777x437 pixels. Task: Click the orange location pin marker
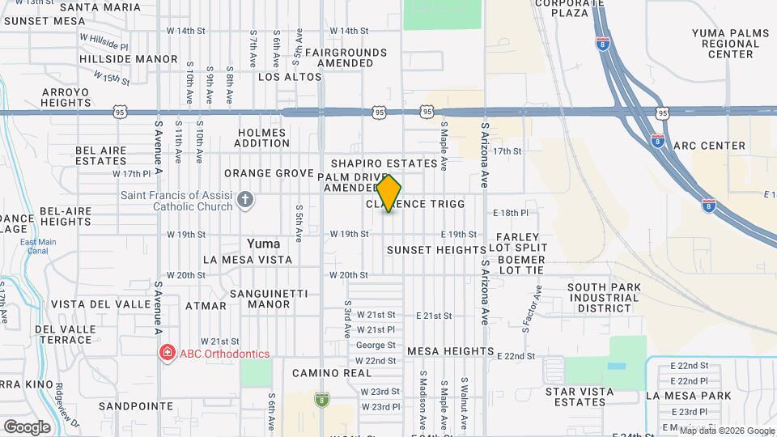[x=389, y=193]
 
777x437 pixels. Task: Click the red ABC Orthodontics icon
[x=167, y=353]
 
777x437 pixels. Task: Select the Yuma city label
[x=264, y=244]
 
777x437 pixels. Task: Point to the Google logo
[x=27, y=426]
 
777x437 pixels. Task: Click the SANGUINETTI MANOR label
[x=259, y=299]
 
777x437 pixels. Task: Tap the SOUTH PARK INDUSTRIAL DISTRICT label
[x=604, y=298]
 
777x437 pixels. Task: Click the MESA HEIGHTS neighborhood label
[x=450, y=351]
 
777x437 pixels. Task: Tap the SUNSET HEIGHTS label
[x=436, y=250]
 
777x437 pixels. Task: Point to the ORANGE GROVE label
[x=269, y=173]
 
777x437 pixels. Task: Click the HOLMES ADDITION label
[x=262, y=138]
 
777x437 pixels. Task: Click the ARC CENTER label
[x=709, y=146]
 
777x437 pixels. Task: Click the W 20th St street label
[x=349, y=275]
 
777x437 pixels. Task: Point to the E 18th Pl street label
[x=511, y=213]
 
